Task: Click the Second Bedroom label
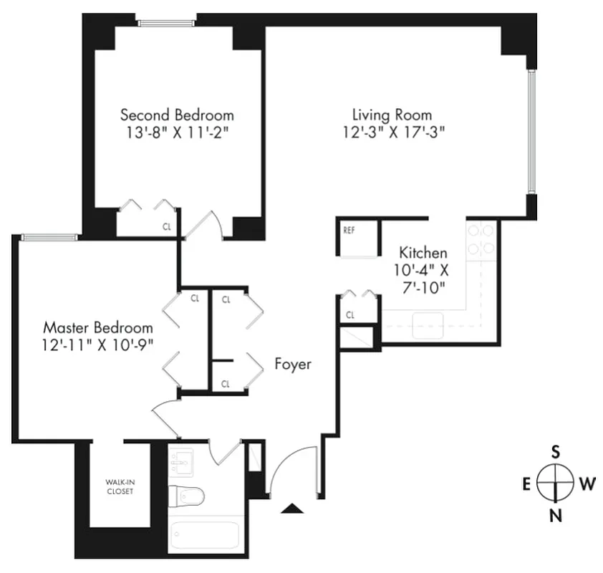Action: click(177, 115)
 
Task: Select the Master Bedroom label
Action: click(98, 327)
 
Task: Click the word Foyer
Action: click(293, 365)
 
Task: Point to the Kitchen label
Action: click(423, 252)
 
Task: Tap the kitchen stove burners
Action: click(481, 239)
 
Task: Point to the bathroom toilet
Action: click(188, 495)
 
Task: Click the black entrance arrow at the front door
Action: click(291, 509)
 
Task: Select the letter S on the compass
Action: click(555, 451)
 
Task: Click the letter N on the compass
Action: click(555, 514)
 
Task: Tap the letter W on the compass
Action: click(587, 483)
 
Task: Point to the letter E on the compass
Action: click(526, 483)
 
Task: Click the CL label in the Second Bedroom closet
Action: click(167, 227)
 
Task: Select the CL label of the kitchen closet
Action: click(350, 314)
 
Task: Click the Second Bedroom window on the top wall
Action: click(166, 23)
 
